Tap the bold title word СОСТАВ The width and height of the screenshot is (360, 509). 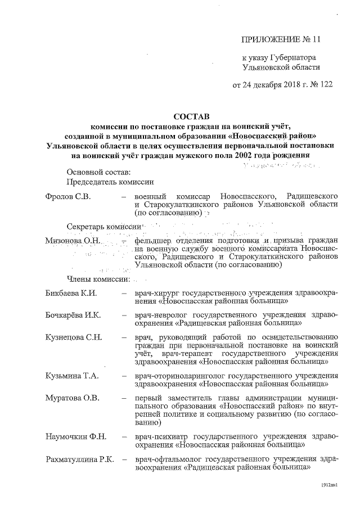[191, 116]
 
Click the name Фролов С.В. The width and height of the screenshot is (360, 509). [68, 196]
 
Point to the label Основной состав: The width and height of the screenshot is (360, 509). [98, 170]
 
